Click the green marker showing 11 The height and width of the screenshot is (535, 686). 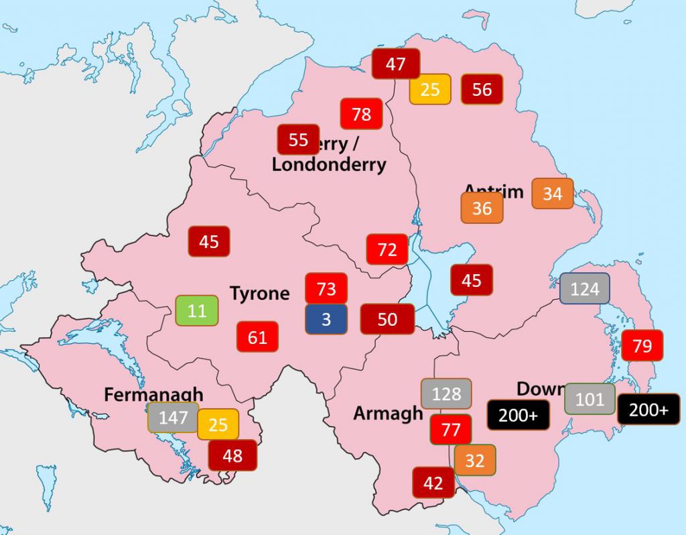click(x=197, y=311)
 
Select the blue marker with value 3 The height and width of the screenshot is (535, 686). click(x=326, y=319)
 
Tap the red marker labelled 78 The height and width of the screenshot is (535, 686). click(x=361, y=114)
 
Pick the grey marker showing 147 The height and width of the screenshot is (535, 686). click(x=173, y=418)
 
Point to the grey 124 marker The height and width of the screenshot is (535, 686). click(x=585, y=289)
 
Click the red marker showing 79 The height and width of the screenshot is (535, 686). click(x=642, y=346)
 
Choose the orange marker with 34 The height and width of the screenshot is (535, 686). click(x=553, y=194)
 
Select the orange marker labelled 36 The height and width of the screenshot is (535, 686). click(x=482, y=208)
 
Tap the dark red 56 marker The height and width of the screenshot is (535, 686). click(x=482, y=89)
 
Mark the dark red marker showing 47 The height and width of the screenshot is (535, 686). click(x=396, y=64)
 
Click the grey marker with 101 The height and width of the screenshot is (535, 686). click(x=590, y=399)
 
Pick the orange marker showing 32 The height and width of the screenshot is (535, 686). click(x=474, y=461)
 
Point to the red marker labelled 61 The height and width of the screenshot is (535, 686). click(x=257, y=337)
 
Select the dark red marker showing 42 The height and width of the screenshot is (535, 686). click(x=433, y=483)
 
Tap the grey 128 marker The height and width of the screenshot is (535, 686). click(x=446, y=394)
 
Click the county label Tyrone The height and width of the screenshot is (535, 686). click(x=260, y=294)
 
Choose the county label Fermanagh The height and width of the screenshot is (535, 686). click(x=153, y=395)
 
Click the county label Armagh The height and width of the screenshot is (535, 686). click(x=388, y=414)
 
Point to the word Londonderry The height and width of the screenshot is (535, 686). click(x=329, y=164)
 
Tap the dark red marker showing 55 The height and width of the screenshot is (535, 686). click(x=298, y=139)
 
